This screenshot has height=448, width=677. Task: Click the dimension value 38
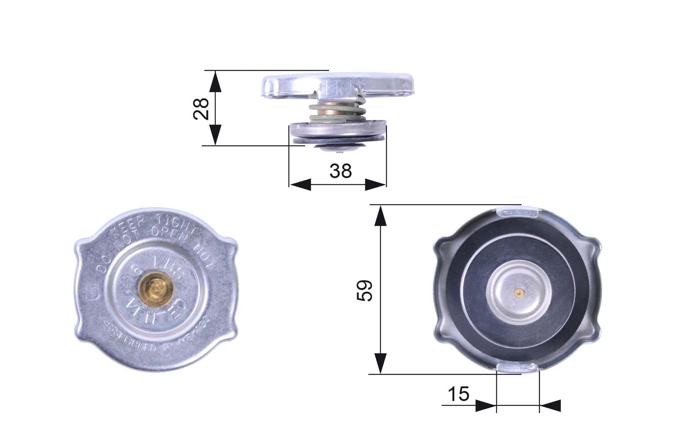pos(340,171)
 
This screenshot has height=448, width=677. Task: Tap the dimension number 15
pos(458,394)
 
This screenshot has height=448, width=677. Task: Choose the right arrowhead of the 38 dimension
pos(375,185)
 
